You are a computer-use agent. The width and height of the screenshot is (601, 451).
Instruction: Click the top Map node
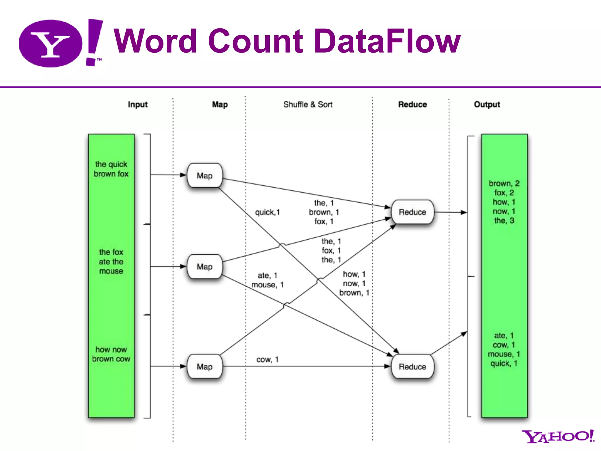205,176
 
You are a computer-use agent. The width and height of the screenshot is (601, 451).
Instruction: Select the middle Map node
205,267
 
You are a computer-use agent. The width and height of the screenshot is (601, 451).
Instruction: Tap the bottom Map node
205,366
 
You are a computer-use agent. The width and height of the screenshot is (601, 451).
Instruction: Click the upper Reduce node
412,212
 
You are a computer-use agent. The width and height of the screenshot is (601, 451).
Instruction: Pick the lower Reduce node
412,366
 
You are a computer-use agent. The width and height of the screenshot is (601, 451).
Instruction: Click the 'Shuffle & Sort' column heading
308,105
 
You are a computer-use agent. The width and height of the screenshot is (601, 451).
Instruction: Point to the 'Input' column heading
138,105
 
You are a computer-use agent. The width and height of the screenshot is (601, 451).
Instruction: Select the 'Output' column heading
487,105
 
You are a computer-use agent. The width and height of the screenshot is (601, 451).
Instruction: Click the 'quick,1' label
267,212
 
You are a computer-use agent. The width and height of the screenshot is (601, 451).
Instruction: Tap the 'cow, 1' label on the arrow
267,359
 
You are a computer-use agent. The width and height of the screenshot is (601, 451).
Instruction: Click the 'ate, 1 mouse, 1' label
267,280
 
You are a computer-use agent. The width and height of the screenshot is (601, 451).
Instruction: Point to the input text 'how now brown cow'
111,354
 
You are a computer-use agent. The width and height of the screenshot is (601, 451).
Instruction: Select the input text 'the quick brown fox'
111,169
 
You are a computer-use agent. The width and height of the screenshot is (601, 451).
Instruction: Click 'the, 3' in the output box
504,221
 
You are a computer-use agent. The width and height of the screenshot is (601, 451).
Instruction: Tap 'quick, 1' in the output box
504,364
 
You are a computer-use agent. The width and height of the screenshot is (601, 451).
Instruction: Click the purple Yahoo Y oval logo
50,43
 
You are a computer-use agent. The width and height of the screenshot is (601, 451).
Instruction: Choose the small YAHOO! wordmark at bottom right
558,436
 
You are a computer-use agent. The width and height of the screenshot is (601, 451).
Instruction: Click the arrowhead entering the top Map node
183,175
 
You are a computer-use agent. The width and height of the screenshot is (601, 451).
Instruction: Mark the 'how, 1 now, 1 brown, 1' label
354,283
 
